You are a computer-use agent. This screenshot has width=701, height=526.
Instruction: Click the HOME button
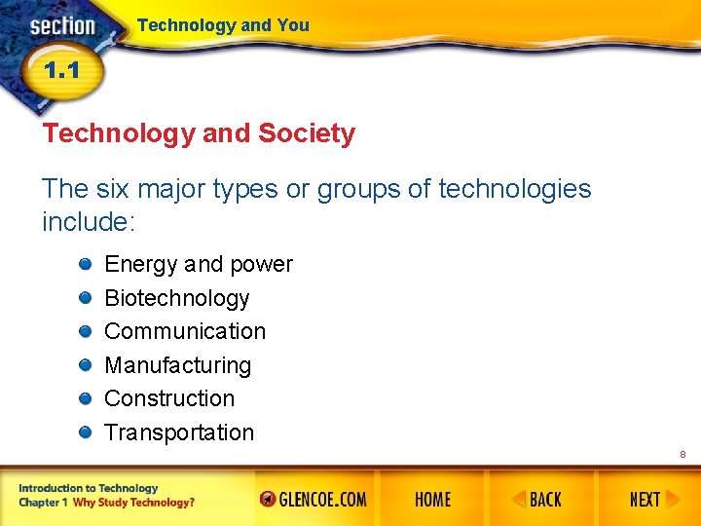pos(432,500)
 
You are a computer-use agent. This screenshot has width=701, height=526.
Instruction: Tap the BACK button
pos(537,500)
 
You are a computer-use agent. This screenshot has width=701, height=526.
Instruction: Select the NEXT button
pos(645,500)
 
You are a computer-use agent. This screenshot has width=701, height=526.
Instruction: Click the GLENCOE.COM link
pos(314,500)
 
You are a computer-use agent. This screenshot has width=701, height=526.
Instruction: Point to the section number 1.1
pos(60,71)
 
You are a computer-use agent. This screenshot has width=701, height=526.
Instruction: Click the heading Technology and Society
pos(199,133)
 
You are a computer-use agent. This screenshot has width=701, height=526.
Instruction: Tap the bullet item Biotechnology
pos(176,298)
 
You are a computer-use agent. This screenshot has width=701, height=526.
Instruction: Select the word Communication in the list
pos(184,331)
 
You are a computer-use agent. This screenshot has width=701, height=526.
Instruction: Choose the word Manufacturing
pos(177,365)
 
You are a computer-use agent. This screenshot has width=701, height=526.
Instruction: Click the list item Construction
pos(169,398)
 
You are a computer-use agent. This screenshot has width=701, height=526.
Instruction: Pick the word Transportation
pos(178,432)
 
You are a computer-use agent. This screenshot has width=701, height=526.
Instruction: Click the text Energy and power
pos(198,264)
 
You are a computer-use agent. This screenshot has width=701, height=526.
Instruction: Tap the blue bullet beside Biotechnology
pos(86,297)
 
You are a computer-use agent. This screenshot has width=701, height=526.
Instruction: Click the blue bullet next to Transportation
pos(86,432)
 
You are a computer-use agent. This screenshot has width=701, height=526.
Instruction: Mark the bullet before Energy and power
pos(86,263)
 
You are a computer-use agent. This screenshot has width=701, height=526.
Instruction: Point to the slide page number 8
pos(683,455)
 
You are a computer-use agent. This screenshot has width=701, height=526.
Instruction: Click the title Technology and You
pos(223,25)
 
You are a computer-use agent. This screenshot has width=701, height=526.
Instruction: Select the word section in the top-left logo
pos(62,26)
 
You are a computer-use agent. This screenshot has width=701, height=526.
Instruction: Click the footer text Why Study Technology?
pos(133,503)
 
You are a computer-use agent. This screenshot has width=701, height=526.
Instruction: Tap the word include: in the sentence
pos(89,222)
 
